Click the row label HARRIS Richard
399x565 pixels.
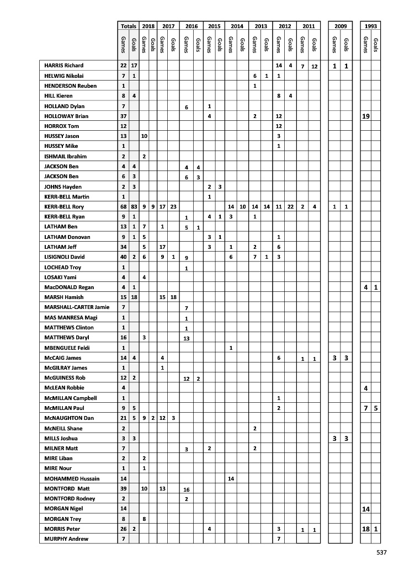pos(63,66)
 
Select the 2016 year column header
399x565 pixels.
pos(191,26)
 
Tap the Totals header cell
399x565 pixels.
pos(128,26)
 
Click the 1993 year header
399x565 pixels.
pos(370,26)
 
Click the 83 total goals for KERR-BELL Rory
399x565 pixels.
pos(134,207)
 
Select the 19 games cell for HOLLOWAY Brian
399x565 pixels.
pos(365,116)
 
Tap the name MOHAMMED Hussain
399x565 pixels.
pos(68,478)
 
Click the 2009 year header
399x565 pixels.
pos(339,26)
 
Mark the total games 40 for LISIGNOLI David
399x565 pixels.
pos(123,257)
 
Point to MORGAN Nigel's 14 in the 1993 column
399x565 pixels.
pos(365,509)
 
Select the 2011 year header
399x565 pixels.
pos(308,26)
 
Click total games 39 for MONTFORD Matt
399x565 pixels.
pos(123,488)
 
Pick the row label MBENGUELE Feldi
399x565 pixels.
pos(65,348)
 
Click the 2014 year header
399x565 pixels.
pos(237,26)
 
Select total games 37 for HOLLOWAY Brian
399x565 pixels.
pos(123,116)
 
